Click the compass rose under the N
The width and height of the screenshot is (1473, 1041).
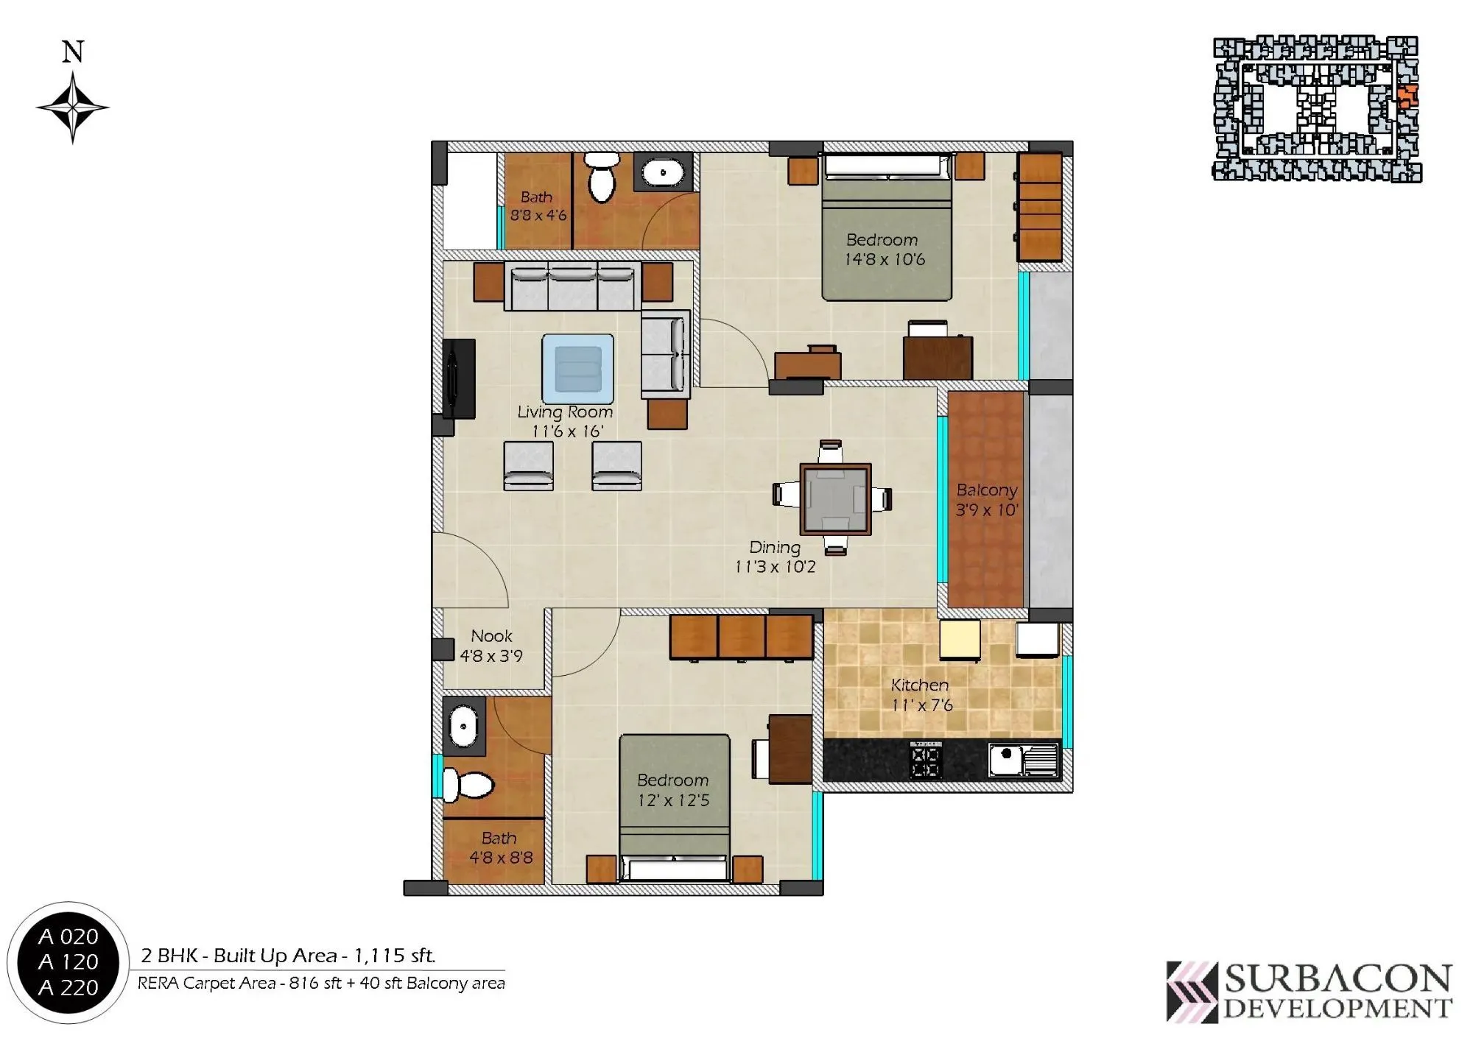click(72, 107)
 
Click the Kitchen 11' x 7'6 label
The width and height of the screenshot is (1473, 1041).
click(921, 695)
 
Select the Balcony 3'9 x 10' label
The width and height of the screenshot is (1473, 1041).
click(986, 500)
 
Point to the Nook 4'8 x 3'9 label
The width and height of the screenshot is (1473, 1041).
click(491, 646)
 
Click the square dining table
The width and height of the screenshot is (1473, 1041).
click(835, 498)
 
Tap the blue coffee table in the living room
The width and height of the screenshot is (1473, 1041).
click(577, 368)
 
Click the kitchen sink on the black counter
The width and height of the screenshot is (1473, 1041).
click(1022, 760)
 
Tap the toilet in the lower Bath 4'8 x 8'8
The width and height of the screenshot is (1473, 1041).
click(468, 786)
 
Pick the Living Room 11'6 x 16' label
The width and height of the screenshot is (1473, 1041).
click(565, 422)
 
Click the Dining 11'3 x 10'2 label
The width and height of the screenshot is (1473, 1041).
click(775, 557)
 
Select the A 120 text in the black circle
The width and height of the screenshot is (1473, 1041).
click(68, 961)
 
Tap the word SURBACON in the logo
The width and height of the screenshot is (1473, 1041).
click(1337, 979)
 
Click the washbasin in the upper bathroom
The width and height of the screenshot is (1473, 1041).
click(663, 174)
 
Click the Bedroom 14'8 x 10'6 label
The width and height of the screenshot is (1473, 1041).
click(883, 250)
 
